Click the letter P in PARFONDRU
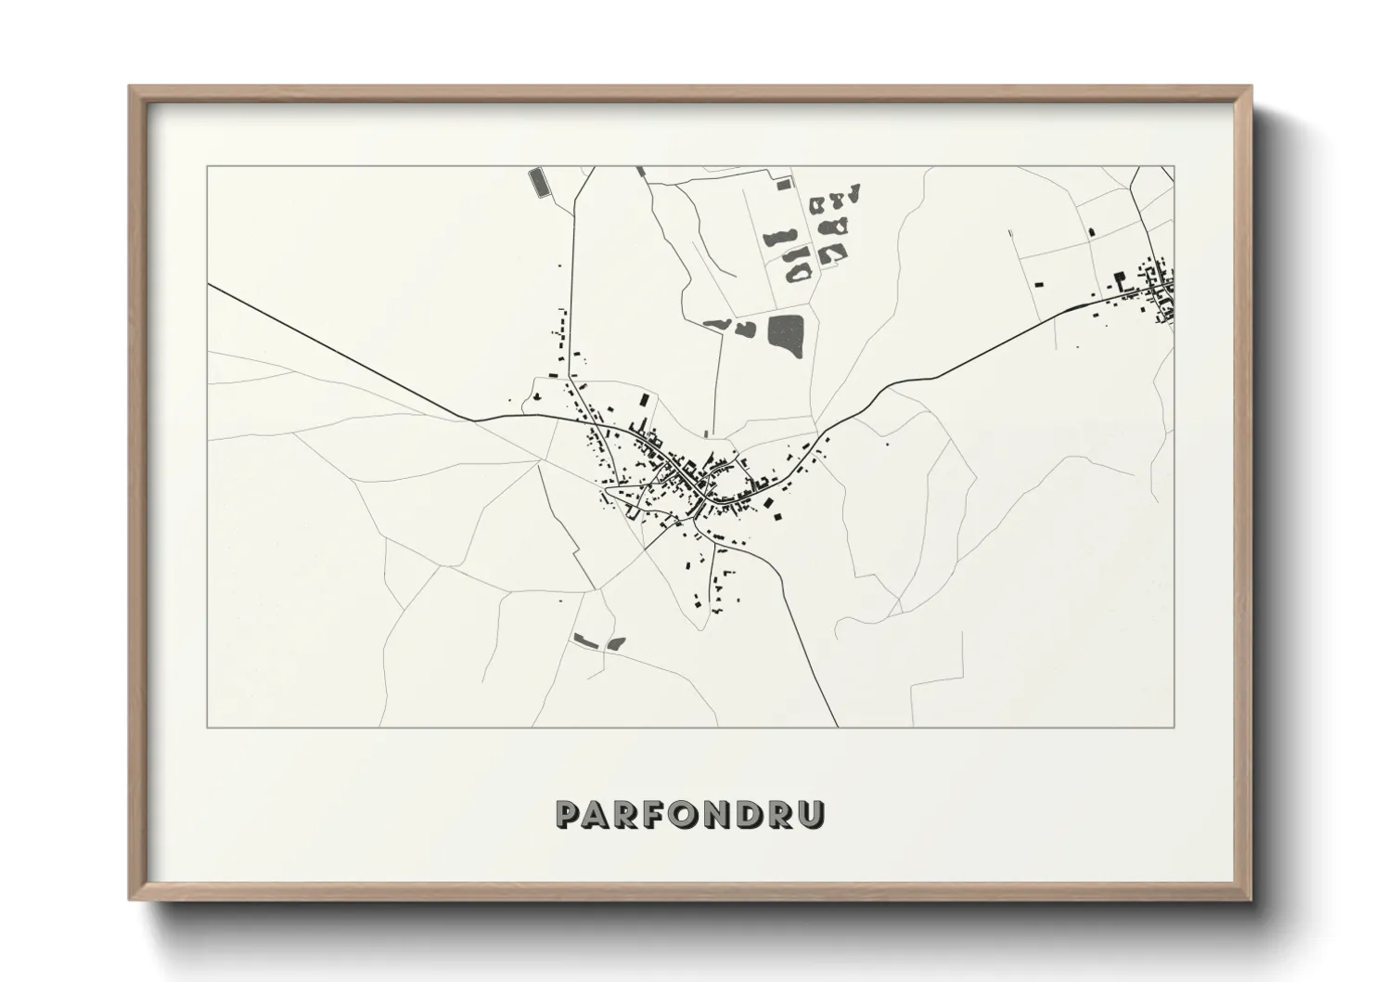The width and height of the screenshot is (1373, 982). [569, 814]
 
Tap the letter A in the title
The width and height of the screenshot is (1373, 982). [599, 814]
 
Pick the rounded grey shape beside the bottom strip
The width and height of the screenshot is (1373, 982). [616, 642]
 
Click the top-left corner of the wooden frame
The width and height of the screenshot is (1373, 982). [131, 87]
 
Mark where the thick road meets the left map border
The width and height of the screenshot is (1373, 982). [209, 285]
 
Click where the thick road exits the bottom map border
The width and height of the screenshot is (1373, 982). [837, 726]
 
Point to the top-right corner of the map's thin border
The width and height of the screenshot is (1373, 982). [1174, 166]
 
